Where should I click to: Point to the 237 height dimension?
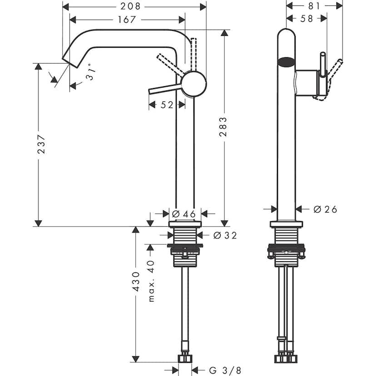[41, 144]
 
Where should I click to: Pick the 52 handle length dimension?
[167, 105]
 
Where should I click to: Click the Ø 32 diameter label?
[225, 235]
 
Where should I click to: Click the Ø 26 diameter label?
[325, 209]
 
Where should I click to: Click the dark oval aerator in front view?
[287, 61]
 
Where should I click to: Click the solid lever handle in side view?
[165, 89]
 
